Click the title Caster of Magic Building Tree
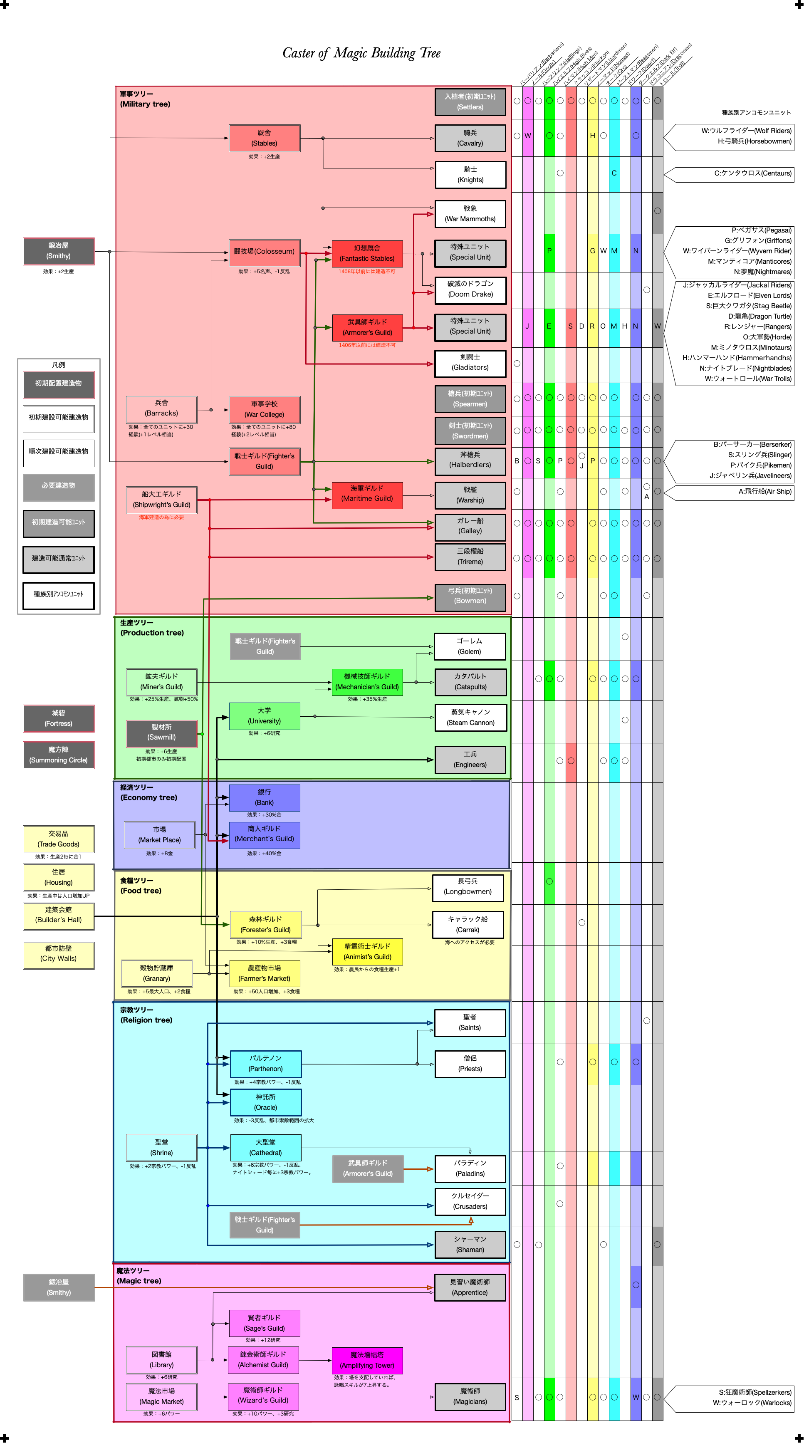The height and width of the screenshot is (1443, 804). click(361, 53)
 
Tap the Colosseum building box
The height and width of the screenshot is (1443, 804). click(265, 252)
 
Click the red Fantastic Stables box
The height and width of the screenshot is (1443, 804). click(367, 253)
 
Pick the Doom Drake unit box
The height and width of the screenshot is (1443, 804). click(470, 289)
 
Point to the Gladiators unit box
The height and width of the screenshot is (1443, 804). click(470, 362)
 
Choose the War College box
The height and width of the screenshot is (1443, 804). click(265, 409)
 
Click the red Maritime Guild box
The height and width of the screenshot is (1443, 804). click(367, 493)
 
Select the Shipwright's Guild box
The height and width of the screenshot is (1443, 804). click(161, 500)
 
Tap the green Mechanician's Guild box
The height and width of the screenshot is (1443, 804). click(367, 682)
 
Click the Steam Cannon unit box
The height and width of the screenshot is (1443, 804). click(470, 718)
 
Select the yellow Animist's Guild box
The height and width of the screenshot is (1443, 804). click(367, 951)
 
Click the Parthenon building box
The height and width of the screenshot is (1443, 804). click(265, 1063)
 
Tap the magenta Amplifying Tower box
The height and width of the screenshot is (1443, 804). click(367, 1360)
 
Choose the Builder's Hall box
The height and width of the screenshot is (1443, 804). click(58, 915)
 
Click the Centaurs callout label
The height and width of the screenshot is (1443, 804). click(734, 173)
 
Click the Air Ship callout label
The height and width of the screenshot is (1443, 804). click(734, 492)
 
